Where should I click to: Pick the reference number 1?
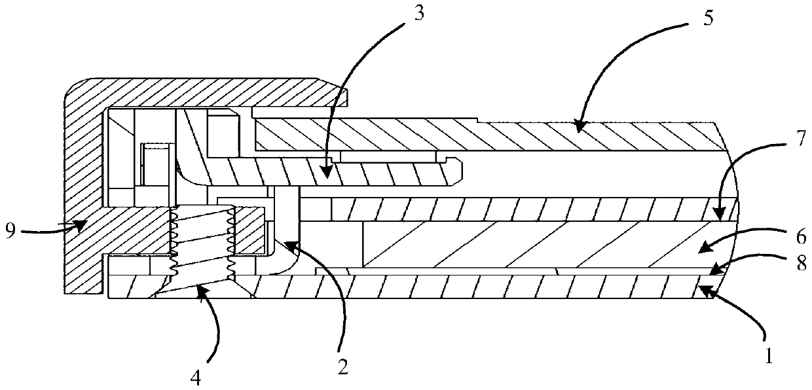click(x=769, y=357)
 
